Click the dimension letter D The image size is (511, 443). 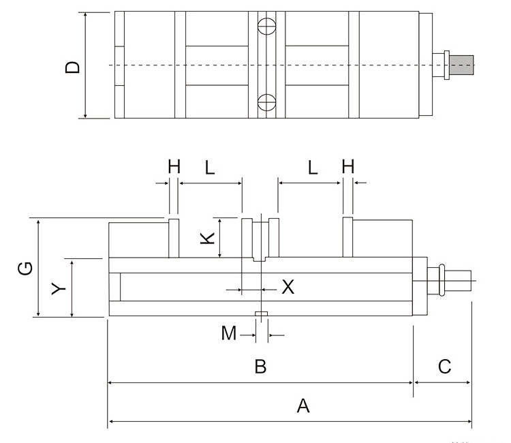pyautogui.click(x=73, y=67)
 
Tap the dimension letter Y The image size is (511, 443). pyautogui.click(x=60, y=288)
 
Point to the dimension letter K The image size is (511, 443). pyautogui.click(x=208, y=238)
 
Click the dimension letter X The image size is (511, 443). pyautogui.click(x=288, y=288)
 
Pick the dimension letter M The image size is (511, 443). pyautogui.click(x=229, y=334)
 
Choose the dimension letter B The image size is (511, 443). pyautogui.click(x=260, y=367)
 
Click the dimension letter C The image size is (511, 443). pyautogui.click(x=444, y=367)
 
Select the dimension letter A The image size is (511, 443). pyautogui.click(x=303, y=407)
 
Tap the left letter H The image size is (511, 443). pyautogui.click(x=174, y=166)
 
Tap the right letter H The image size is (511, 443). pyautogui.click(x=348, y=166)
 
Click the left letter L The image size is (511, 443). pyautogui.click(x=210, y=166)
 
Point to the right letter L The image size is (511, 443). pyautogui.click(x=313, y=166)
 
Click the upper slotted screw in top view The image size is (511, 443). pyautogui.click(x=266, y=28)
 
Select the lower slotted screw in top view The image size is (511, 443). pyautogui.click(x=266, y=103)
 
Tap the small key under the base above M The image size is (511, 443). pyautogui.click(x=261, y=314)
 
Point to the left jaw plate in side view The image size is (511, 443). pyautogui.click(x=174, y=238)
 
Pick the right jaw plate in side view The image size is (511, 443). pyautogui.click(x=347, y=238)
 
